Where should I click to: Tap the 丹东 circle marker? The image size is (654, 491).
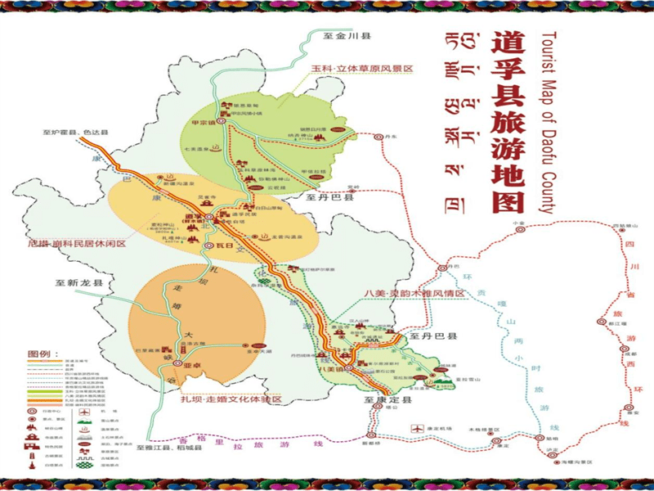click(379, 137)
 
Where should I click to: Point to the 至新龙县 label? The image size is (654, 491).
click(79, 283)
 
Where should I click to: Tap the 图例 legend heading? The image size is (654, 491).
click(39, 354)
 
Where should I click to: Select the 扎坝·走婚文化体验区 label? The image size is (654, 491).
click(231, 399)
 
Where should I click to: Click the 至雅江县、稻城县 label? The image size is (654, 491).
click(169, 448)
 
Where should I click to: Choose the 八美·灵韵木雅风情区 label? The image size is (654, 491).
click(414, 292)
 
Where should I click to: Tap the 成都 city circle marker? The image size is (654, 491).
click(628, 407)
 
